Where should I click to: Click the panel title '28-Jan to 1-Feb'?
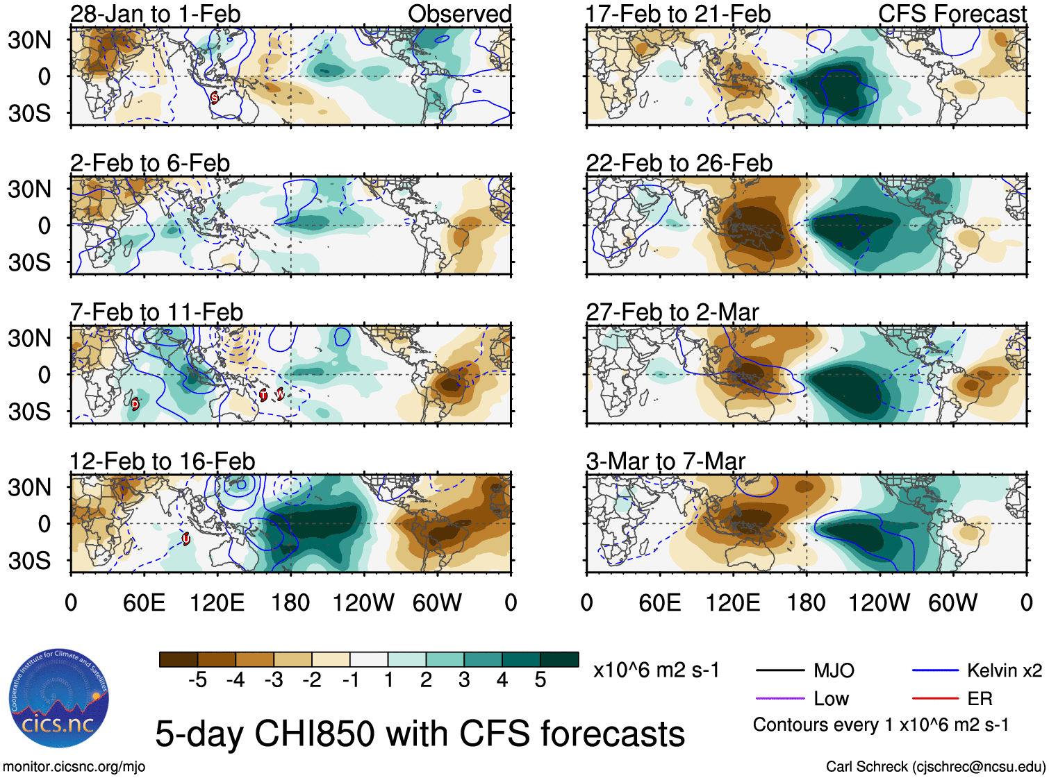(x=155, y=14)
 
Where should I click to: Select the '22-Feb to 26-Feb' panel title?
(x=679, y=163)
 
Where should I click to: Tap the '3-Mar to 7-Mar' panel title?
(x=665, y=462)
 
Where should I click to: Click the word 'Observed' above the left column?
(x=459, y=14)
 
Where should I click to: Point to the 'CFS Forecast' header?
(x=952, y=14)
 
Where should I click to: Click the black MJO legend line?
(x=780, y=670)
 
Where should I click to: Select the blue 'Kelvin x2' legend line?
(x=936, y=670)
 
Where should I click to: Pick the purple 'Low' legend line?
(x=780, y=699)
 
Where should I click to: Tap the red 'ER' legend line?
(x=936, y=699)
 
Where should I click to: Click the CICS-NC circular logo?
(x=59, y=699)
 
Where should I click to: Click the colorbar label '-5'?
(x=197, y=680)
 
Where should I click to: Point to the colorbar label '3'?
(x=464, y=680)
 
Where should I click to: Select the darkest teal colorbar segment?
(x=559, y=659)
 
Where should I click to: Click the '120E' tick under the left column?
(x=217, y=602)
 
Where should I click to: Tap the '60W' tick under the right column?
(x=952, y=602)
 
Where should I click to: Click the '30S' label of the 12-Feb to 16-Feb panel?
(x=30, y=560)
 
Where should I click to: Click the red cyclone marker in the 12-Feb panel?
(x=186, y=538)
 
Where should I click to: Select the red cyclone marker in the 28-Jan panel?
(x=214, y=97)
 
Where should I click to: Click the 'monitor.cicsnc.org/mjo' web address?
(x=74, y=767)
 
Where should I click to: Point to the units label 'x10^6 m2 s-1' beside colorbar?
(x=656, y=670)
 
